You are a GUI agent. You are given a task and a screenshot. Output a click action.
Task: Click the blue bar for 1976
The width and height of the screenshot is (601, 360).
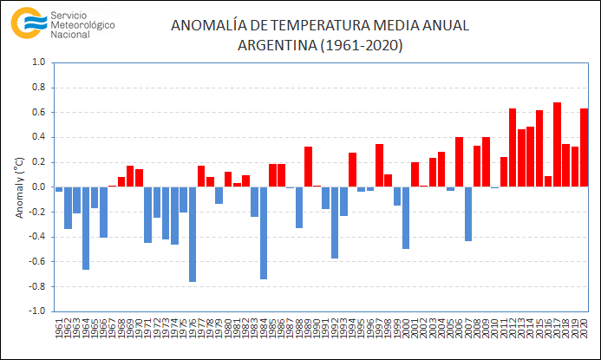point(193,234)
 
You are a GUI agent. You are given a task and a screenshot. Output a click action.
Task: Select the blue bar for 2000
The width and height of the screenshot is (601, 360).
point(406,218)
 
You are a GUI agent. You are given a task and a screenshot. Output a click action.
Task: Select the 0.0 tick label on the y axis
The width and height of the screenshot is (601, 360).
point(39,187)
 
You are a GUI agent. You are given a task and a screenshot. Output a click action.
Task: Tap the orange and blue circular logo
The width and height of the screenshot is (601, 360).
point(28,23)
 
